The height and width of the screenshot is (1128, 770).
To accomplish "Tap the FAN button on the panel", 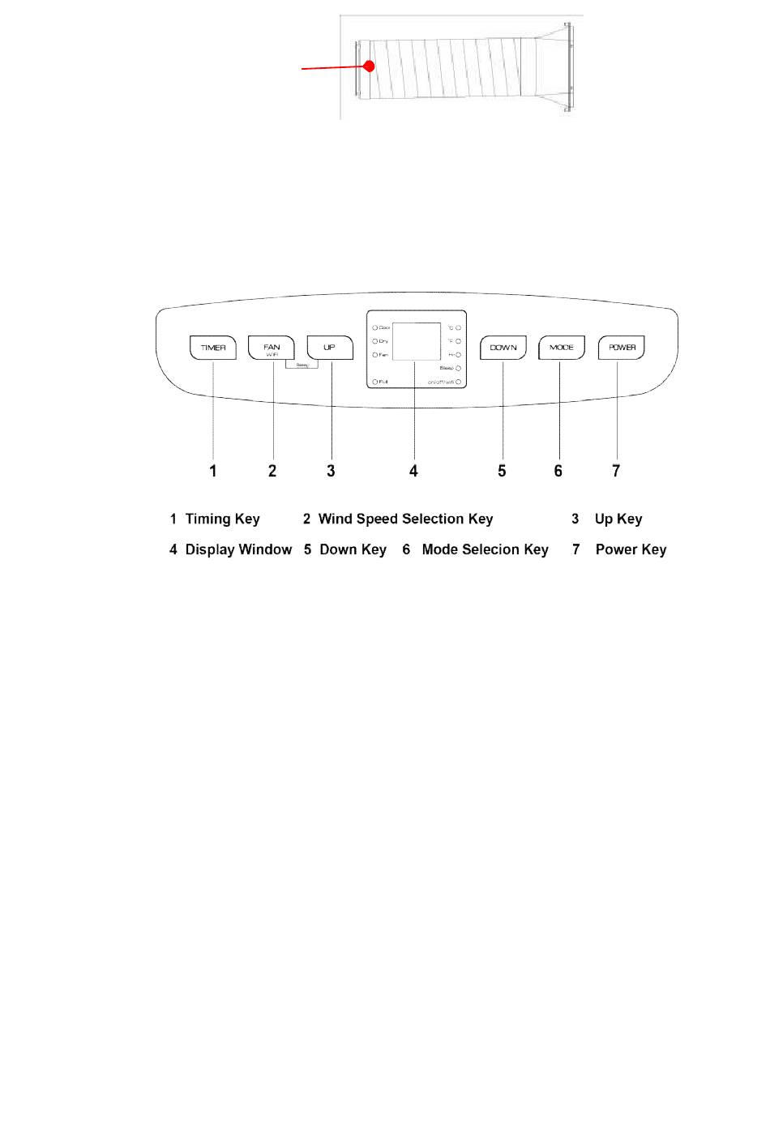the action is click(272, 348).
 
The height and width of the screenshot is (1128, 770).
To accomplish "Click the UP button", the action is click(330, 348).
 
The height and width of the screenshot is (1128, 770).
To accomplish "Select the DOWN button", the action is click(503, 348).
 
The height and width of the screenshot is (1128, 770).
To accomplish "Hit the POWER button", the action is click(622, 348).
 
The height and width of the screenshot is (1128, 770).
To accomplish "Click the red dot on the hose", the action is click(369, 66).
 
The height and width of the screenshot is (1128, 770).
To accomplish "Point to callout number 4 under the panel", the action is click(413, 471).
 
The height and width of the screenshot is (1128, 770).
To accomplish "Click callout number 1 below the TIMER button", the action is click(213, 471).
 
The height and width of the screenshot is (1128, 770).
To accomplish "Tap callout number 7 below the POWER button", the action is click(616, 471).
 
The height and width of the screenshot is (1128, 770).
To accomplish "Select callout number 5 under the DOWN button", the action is click(502, 471).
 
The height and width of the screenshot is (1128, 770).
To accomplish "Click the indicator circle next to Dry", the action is click(375, 341).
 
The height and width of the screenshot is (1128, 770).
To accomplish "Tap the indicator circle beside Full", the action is click(375, 381).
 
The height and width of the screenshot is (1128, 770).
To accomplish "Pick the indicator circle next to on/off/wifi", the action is click(458, 381).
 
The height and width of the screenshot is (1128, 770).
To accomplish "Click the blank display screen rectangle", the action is click(417, 341).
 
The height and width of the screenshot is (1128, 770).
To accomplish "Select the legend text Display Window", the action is click(238, 550).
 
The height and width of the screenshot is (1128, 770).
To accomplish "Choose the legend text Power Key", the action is click(631, 550).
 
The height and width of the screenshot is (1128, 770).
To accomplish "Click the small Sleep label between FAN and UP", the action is click(302, 365).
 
